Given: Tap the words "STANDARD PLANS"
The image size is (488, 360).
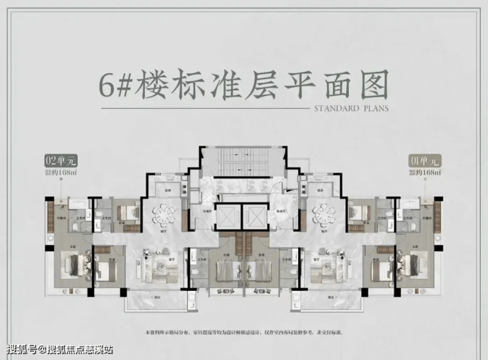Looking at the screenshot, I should click(351, 109).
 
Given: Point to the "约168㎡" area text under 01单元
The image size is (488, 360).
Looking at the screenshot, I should click(425, 173).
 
